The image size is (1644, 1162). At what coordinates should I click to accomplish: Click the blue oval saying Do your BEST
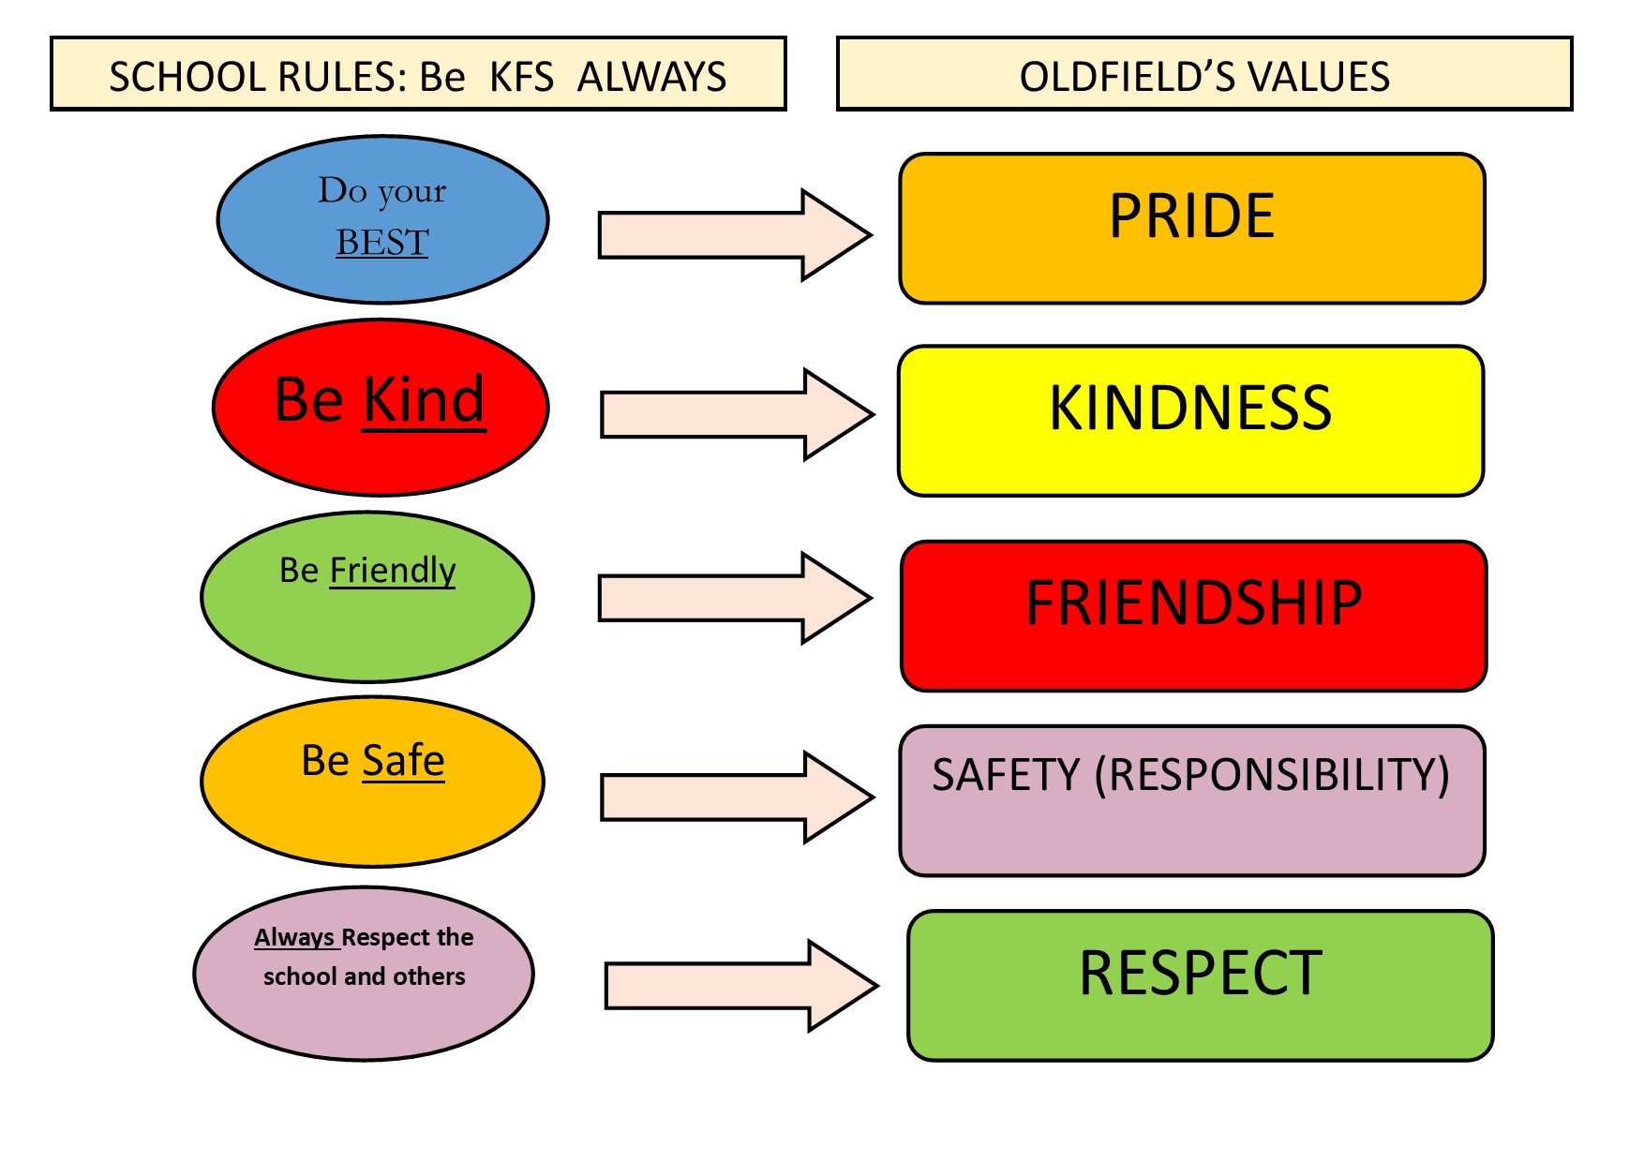382,219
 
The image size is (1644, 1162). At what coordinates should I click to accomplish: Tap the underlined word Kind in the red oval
425,400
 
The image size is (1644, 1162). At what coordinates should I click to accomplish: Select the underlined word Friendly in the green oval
393,571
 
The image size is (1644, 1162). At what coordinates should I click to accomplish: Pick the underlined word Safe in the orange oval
404,760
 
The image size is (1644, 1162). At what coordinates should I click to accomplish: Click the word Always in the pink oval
294,937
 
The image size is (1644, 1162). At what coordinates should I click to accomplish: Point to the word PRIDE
1191,216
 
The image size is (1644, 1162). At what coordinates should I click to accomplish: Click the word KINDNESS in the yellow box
1190,408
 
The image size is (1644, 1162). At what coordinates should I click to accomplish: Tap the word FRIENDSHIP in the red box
1194,603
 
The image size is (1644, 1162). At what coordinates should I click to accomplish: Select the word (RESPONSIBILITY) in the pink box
1273,776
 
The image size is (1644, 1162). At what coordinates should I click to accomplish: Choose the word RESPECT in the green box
1201,973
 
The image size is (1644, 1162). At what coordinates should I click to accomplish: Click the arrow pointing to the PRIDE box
736,235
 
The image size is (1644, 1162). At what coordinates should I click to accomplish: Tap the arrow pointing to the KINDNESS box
738,414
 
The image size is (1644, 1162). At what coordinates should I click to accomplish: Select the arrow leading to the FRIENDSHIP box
736,598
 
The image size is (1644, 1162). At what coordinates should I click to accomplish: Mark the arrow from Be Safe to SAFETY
738,797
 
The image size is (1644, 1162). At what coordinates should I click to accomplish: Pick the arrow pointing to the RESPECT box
741,986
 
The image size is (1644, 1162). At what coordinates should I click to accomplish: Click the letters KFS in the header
522,77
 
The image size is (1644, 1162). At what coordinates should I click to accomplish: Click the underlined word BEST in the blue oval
382,243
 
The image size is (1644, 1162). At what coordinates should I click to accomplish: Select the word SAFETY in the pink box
1006,776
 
